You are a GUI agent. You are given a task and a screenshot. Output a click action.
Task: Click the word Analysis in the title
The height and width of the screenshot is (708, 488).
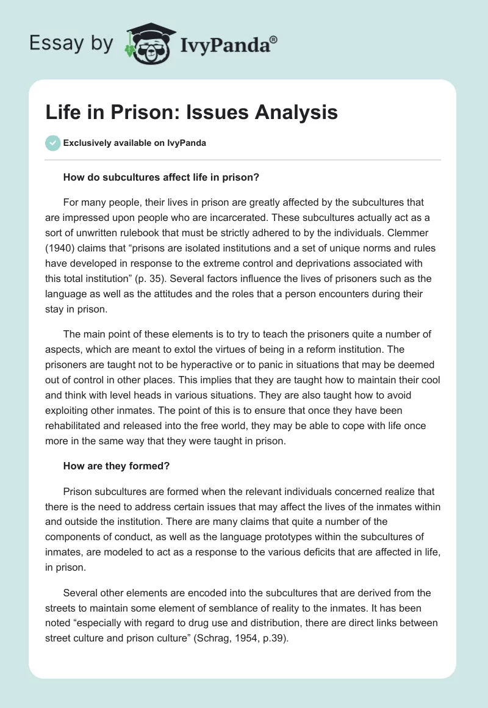point(296,113)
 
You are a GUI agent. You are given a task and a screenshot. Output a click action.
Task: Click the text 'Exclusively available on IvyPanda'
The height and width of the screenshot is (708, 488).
point(134,143)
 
